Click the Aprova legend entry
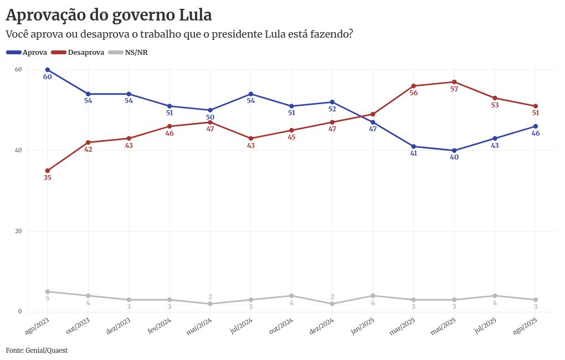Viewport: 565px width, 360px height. click(26, 53)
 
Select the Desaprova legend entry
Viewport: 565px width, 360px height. click(78, 53)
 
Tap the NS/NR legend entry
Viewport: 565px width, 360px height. click(128, 53)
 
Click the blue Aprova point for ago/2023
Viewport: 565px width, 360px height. click(48, 70)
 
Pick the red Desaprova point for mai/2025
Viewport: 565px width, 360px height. click(454, 82)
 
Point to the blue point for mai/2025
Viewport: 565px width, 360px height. click(454, 151)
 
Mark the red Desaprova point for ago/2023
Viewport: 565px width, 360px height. click(48, 171)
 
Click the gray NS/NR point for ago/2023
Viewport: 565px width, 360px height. click(48, 291)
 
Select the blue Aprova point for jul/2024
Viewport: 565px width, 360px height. click(251, 94)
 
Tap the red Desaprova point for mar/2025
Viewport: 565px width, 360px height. click(414, 86)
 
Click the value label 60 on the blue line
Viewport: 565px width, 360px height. click(48, 77)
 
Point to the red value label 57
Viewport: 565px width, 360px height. click(454, 89)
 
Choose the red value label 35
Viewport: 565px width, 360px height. click(48, 178)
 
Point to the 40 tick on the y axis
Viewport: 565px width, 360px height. click(18, 150)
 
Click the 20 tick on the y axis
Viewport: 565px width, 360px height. click(18, 231)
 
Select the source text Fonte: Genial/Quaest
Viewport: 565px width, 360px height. click(37, 351)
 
